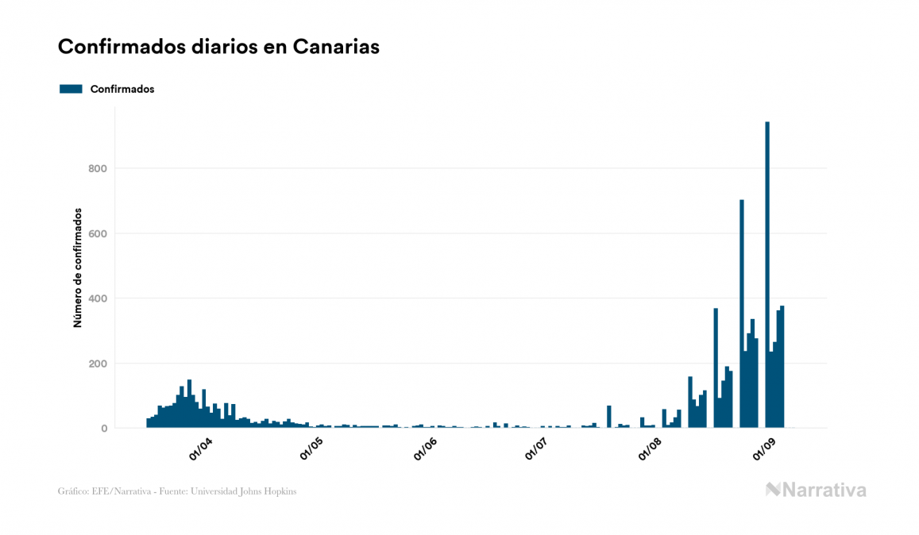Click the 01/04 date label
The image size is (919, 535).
tap(201, 449)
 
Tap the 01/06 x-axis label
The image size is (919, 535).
tap(426, 449)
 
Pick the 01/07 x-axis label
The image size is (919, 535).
tap(538, 449)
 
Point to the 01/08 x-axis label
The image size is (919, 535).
tap(651, 449)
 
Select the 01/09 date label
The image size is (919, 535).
tap(763, 449)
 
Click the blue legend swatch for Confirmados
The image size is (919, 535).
tap(71, 89)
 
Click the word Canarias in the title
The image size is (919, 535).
tap(335, 47)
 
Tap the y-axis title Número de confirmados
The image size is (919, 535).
tap(78, 267)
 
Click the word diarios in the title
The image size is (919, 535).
tap(213, 47)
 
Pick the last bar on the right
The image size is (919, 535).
tap(782, 367)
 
